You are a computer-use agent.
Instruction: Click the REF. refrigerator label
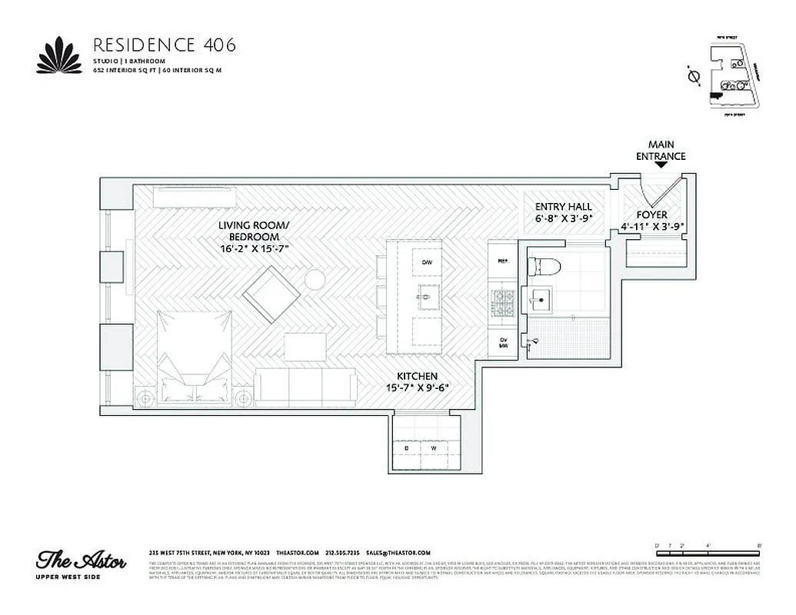(x=505, y=261)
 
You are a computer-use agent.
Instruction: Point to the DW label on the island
(x=427, y=263)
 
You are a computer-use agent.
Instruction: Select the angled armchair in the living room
(x=273, y=294)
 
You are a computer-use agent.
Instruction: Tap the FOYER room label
(x=651, y=215)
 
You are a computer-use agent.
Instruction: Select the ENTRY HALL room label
(x=563, y=207)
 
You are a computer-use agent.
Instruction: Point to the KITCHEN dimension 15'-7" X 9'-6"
(x=418, y=387)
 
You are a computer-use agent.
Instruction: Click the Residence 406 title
(x=164, y=44)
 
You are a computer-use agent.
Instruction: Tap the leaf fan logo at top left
(x=59, y=56)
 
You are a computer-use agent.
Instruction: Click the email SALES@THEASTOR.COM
(x=398, y=553)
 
